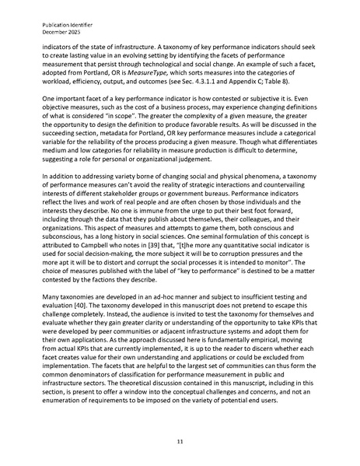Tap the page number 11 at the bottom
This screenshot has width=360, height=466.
tap(180, 441)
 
